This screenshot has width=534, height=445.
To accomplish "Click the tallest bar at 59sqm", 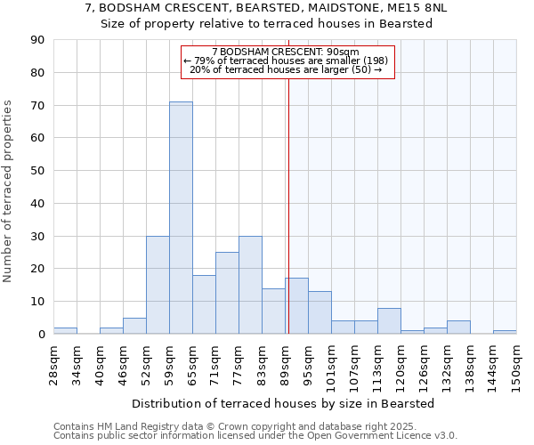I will point(181,218).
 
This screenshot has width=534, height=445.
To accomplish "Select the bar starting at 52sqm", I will point(158,285).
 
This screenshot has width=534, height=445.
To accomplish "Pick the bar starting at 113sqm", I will point(389,320).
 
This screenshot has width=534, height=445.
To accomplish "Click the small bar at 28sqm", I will point(65,330).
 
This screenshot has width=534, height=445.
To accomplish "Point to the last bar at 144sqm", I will point(505,332).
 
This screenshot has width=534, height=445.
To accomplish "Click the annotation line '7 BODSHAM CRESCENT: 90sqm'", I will point(286,52).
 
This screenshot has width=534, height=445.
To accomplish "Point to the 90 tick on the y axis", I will point(37,40).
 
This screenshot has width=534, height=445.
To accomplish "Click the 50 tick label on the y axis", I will point(37,171).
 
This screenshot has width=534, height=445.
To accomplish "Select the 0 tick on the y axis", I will point(41,335).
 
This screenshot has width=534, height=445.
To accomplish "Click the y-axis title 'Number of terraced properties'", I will point(8,191).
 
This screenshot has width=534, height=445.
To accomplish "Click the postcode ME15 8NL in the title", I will point(415,7).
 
